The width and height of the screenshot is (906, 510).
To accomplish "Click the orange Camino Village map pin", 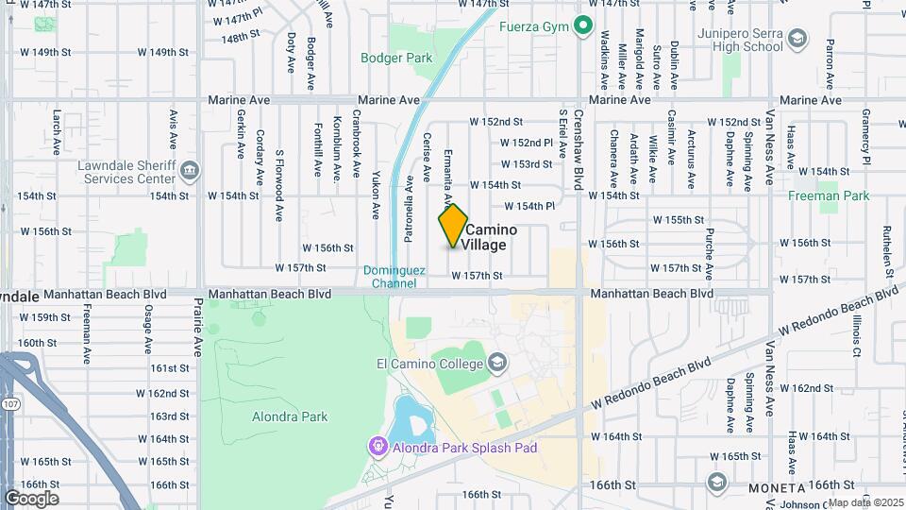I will click(x=453, y=225).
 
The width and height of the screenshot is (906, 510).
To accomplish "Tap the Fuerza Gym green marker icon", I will click(x=583, y=25).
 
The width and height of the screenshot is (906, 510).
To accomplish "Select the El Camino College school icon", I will click(x=497, y=363).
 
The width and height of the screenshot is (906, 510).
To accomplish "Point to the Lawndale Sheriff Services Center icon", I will click(x=190, y=170).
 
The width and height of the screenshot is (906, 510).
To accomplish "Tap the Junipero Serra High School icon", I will click(x=797, y=38).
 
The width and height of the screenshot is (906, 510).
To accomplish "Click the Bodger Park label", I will click(x=396, y=58).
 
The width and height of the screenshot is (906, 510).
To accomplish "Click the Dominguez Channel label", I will click(x=390, y=276).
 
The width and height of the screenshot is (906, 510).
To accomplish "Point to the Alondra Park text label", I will click(x=290, y=416).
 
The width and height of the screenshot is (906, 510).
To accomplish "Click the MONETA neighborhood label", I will click(x=777, y=488).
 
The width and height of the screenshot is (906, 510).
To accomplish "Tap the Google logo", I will click(x=31, y=499).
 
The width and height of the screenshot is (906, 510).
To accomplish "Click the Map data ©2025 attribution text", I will click(x=865, y=502).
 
